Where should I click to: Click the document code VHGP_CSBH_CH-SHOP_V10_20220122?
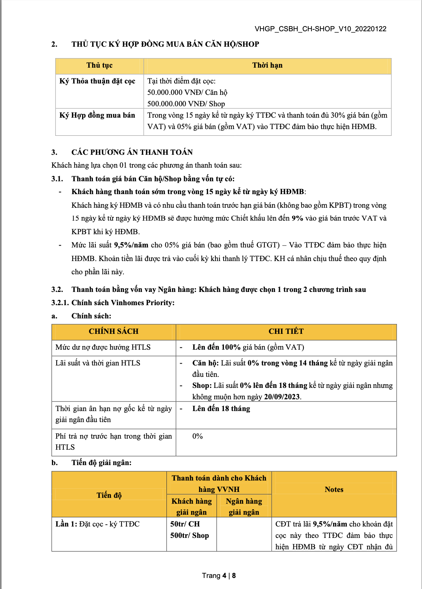(x=320, y=29)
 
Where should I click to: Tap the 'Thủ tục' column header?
(x=99, y=65)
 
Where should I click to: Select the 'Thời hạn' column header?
(x=267, y=65)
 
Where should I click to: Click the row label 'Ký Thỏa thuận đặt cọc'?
(x=97, y=81)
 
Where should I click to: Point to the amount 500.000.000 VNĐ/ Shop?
(x=186, y=104)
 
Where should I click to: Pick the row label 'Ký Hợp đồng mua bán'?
(x=97, y=115)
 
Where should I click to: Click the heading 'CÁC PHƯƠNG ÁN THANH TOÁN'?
(x=132, y=152)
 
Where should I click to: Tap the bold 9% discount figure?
(x=297, y=218)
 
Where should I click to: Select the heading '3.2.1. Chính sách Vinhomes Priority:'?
(x=113, y=303)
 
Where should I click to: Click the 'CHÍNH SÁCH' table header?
(x=113, y=331)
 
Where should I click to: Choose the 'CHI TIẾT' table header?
(x=286, y=331)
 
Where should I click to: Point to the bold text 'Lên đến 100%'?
(x=216, y=347)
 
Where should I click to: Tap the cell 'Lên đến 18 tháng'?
(x=221, y=409)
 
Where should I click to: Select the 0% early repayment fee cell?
(x=197, y=436)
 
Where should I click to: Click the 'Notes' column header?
(x=334, y=490)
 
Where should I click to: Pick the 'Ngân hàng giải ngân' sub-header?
(x=244, y=507)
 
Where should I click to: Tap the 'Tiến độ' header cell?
(x=109, y=495)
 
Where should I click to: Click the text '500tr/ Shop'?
(x=189, y=536)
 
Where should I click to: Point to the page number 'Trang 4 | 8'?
(x=219, y=575)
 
